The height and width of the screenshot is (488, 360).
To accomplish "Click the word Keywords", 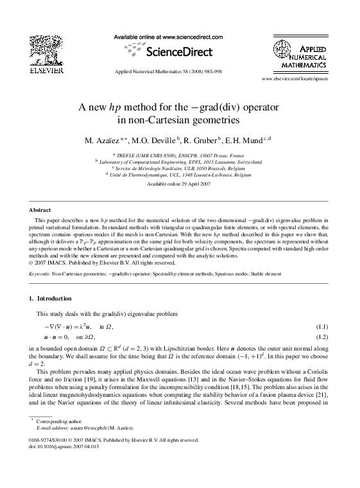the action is (40, 274).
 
